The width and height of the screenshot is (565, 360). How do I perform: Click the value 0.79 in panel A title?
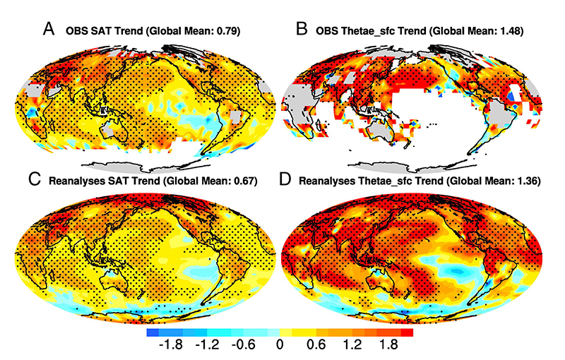point(244,31)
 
